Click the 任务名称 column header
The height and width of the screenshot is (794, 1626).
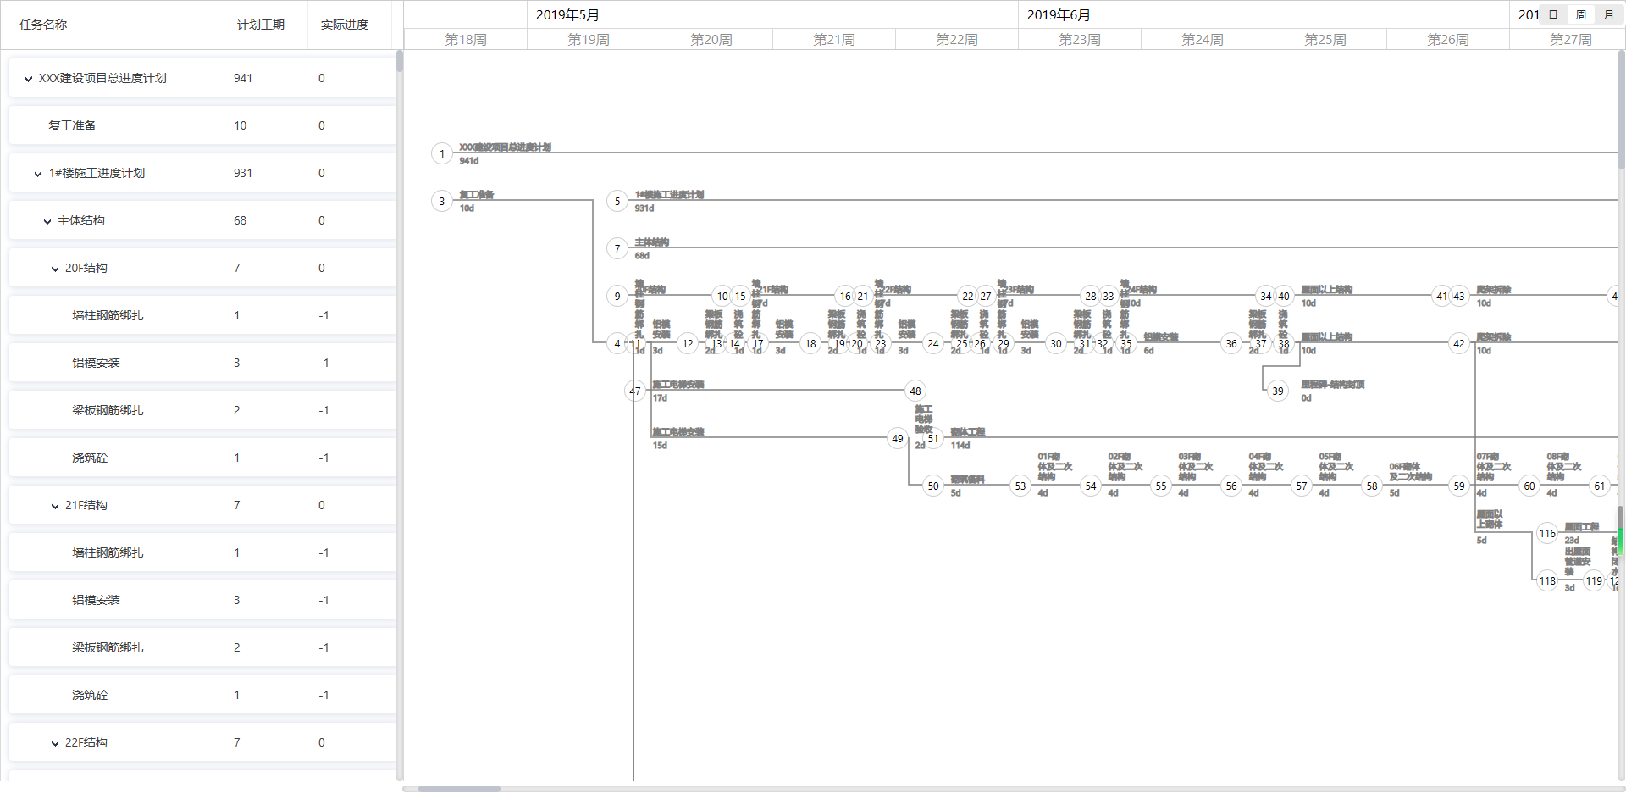coord(43,25)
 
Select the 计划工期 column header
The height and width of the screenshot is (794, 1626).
coord(260,25)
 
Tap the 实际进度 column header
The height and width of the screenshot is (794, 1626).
coord(344,25)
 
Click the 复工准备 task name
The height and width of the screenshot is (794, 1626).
coord(72,125)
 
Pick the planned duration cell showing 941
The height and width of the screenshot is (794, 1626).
coord(243,78)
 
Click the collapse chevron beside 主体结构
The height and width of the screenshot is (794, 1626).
coord(47,221)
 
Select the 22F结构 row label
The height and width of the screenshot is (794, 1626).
coord(86,742)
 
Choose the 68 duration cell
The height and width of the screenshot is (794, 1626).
coord(240,220)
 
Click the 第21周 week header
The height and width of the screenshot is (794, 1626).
coord(833,40)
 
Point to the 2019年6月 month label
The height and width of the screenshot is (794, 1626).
coord(1059,15)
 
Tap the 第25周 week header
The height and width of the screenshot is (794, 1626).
coord(1325,40)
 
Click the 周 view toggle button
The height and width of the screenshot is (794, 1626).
coord(1580,14)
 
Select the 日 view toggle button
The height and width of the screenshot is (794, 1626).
coord(1552,14)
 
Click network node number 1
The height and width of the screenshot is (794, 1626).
coord(441,153)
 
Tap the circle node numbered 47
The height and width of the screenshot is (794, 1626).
coord(635,391)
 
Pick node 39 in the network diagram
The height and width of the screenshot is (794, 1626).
coord(1277,391)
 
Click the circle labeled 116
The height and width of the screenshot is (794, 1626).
coord(1547,533)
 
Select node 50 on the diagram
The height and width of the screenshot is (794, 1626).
coord(932,486)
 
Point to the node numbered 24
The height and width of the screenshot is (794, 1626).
coord(932,343)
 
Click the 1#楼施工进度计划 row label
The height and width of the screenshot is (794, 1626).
coord(97,173)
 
